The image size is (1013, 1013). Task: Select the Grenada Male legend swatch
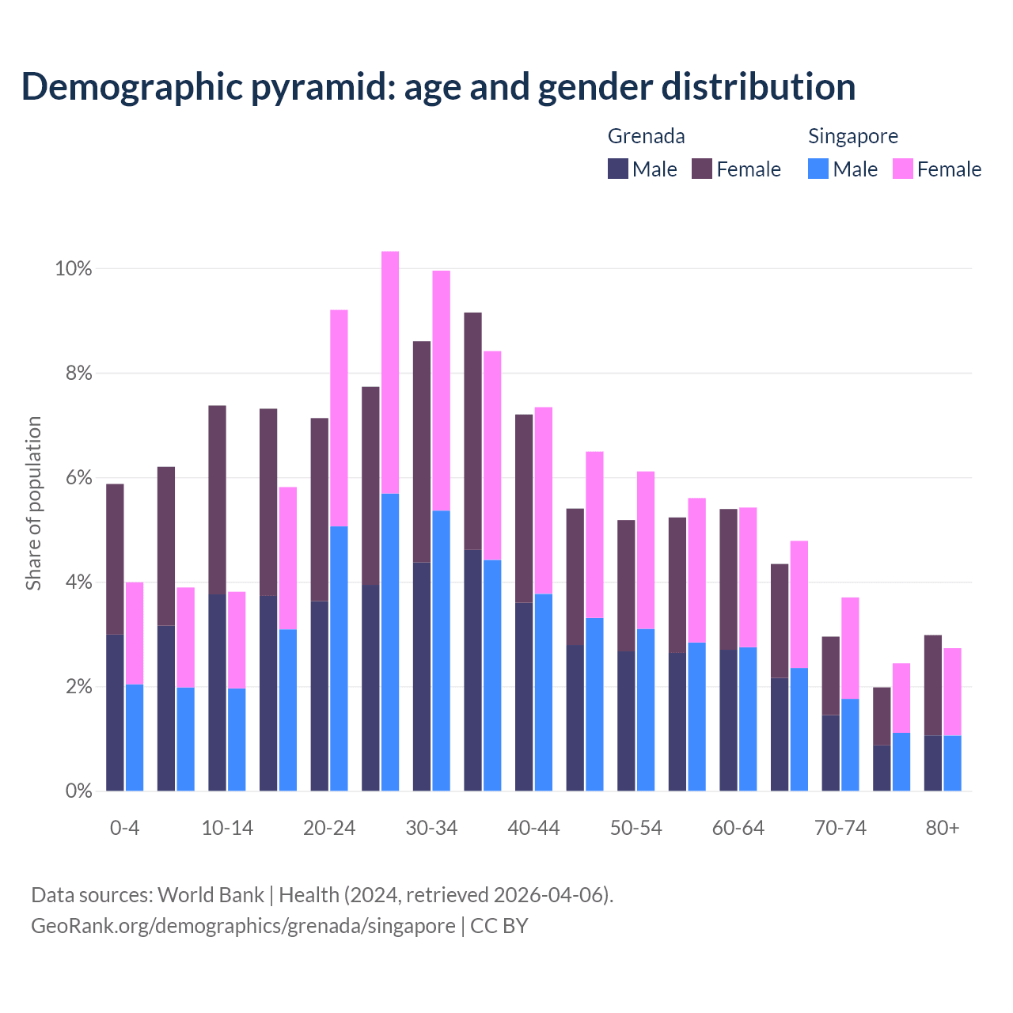(617, 169)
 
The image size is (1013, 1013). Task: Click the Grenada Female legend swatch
(702, 169)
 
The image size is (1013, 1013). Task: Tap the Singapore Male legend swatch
(818, 169)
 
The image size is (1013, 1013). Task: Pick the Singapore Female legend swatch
(902, 169)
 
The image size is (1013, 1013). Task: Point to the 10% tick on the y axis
(73, 269)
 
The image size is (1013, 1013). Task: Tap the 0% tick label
(78, 791)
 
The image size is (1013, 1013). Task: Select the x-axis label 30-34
(431, 829)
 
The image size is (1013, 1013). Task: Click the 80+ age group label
(943, 829)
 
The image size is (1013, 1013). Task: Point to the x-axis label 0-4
(125, 829)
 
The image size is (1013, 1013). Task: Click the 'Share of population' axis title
(34, 503)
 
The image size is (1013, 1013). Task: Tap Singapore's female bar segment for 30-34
(441, 391)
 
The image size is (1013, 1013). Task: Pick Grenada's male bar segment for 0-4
(115, 712)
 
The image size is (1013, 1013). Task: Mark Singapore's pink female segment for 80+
(952, 692)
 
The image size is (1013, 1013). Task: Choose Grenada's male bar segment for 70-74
(830, 753)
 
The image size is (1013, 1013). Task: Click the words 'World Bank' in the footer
(211, 895)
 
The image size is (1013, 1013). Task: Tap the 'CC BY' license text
(499, 926)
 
